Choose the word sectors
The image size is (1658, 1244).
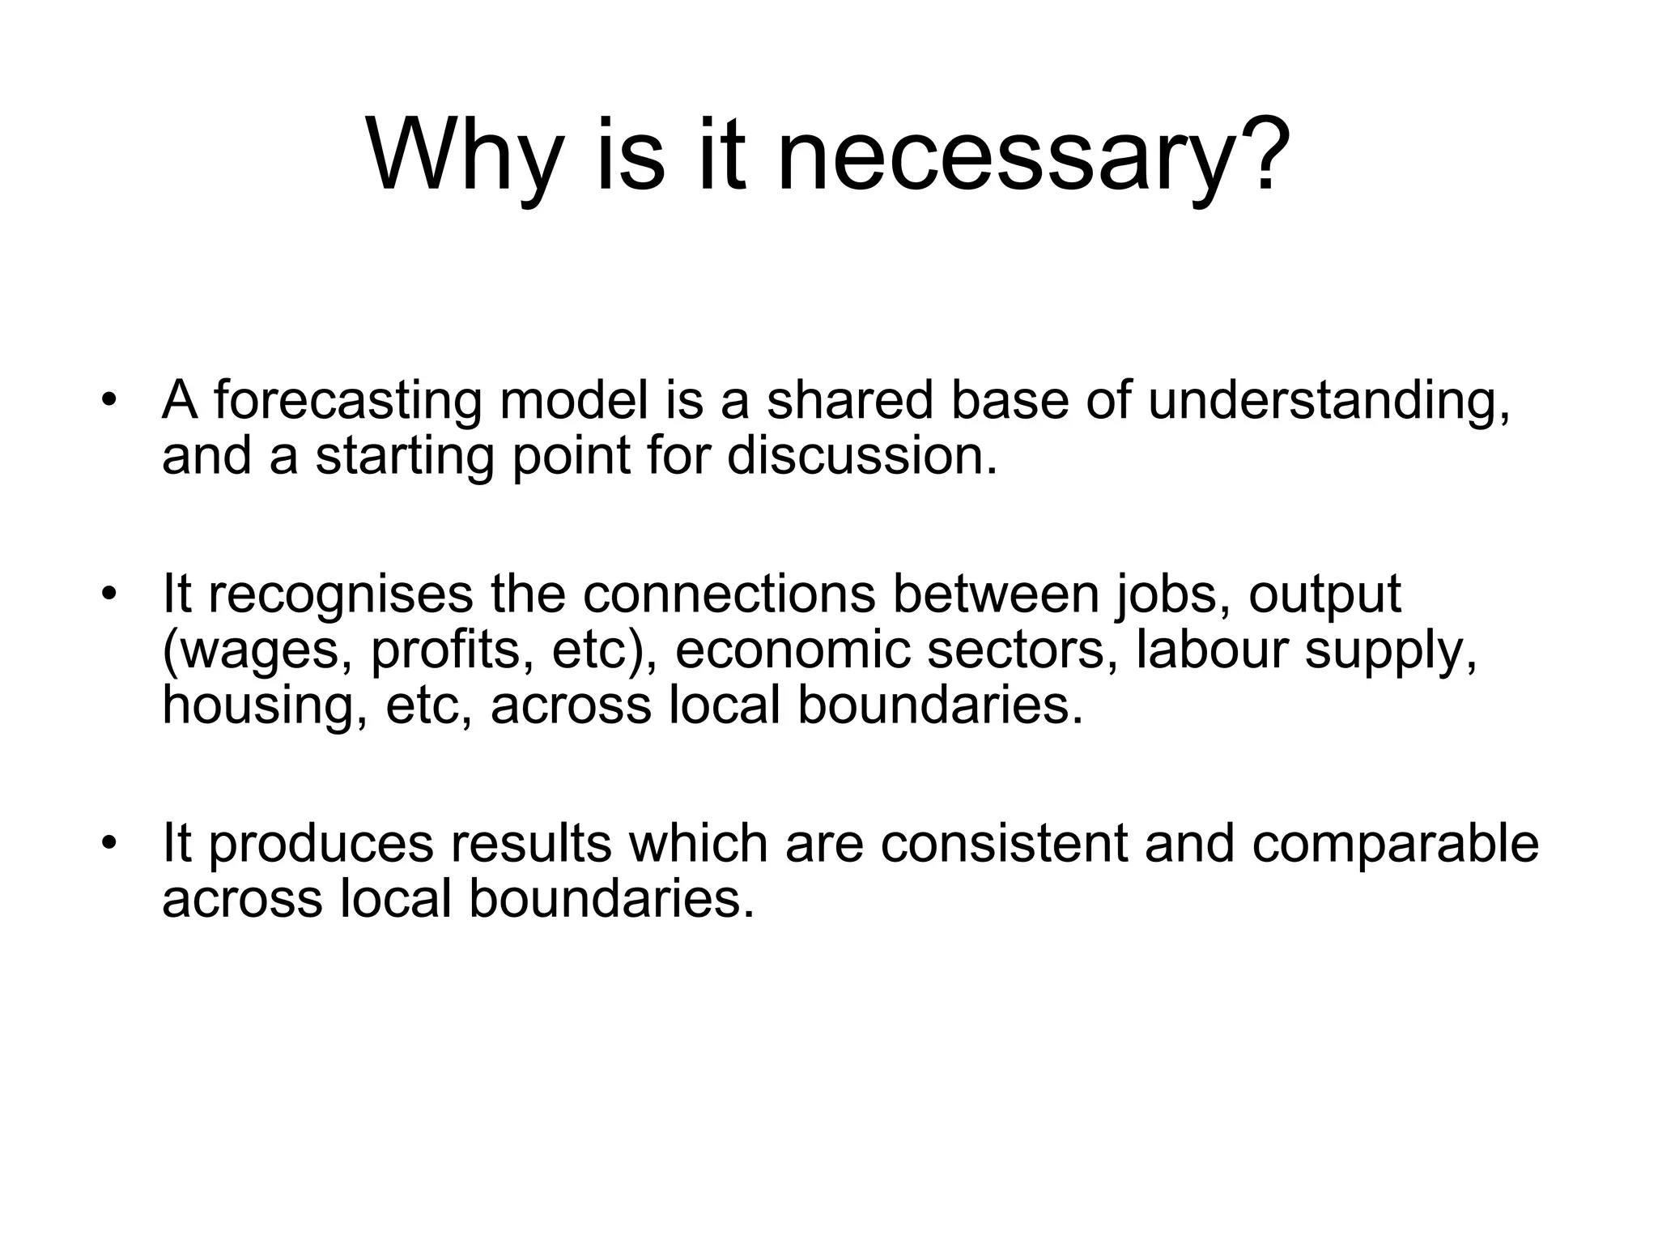pos(1015,650)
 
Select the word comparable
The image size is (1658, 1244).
pos(1394,843)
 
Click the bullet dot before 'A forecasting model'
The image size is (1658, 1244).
pos(109,402)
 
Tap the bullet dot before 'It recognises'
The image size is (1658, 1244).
pos(109,594)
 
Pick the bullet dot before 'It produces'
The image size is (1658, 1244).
pos(109,844)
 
